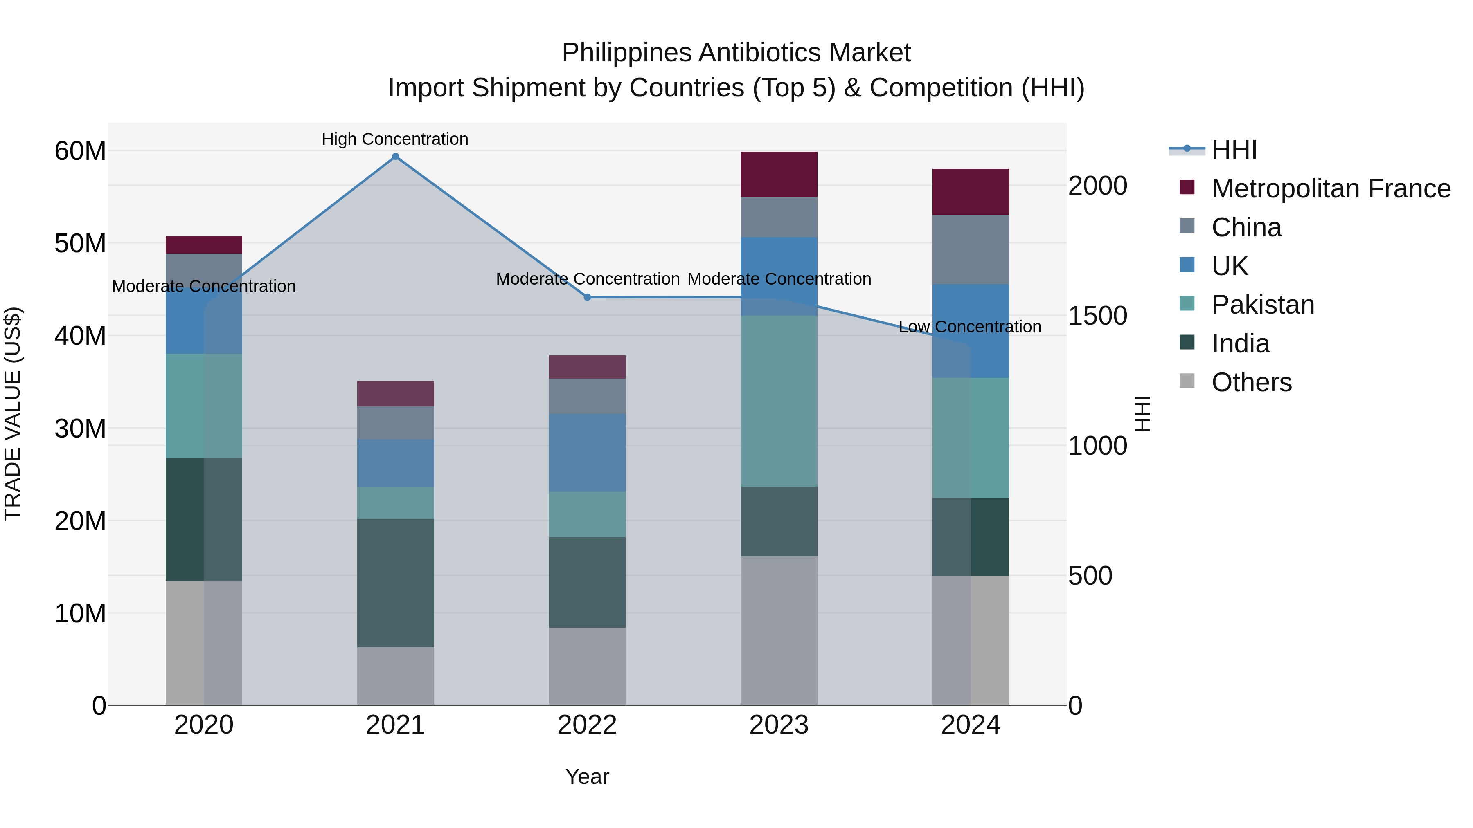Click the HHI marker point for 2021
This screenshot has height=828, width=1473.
pos(395,157)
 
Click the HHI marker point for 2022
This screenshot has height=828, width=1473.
pos(587,297)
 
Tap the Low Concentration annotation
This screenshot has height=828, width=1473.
pos(970,327)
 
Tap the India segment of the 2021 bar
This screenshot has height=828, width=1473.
pos(395,582)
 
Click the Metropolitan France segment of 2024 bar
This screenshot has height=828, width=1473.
pos(971,192)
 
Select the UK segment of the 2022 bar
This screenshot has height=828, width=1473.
pos(587,453)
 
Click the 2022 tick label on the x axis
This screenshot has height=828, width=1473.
pos(587,725)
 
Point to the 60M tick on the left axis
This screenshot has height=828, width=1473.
pos(80,151)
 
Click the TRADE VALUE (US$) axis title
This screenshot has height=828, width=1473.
pos(13,414)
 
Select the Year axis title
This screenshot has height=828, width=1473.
pos(587,776)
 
